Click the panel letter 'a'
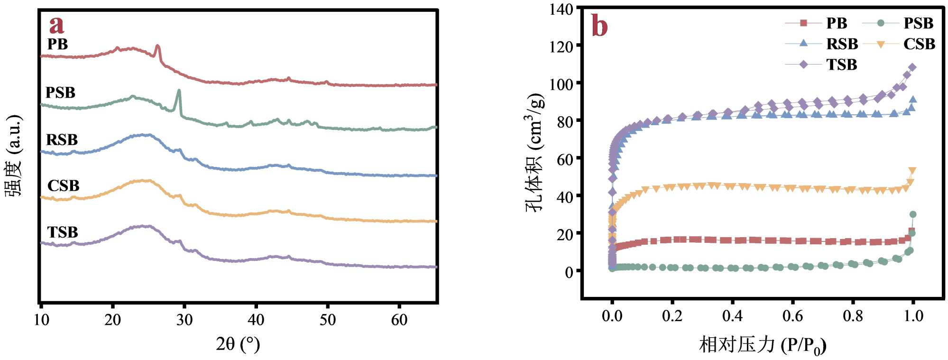(57, 25)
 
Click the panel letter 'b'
(599, 26)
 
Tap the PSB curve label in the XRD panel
(60, 92)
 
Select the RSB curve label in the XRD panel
(62, 140)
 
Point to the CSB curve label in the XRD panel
(63, 185)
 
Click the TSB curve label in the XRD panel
(63, 232)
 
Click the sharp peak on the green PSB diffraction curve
(179, 91)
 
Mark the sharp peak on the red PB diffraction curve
(158, 46)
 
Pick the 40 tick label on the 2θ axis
(256, 320)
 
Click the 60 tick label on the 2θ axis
(399, 320)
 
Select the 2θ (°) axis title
(238, 344)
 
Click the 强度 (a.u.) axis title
(14, 155)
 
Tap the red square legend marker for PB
(803, 23)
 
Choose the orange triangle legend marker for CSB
(881, 44)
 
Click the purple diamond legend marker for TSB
(803, 64)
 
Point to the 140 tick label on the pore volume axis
(561, 9)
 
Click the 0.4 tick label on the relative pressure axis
(732, 316)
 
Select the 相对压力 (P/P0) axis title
(763, 345)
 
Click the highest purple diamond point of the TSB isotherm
(912, 67)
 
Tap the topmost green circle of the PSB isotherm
(912, 215)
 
